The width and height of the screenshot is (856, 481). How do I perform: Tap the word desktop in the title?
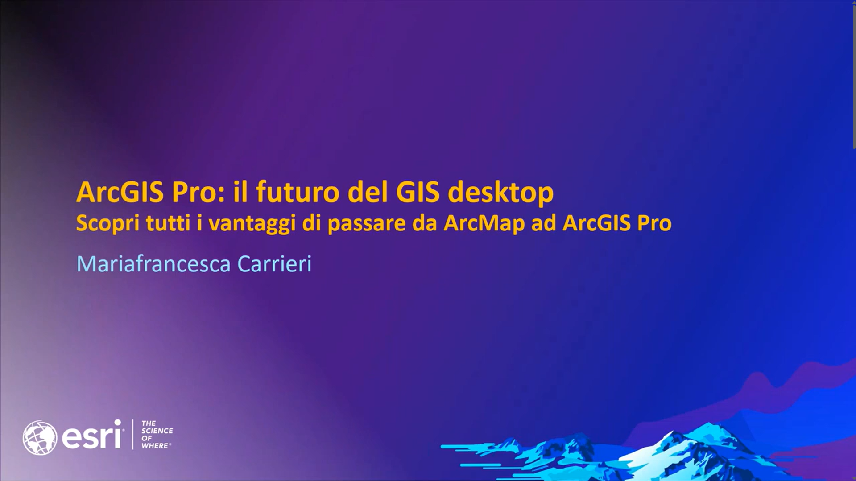[500, 193]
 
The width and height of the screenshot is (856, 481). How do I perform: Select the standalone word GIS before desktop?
[418, 192]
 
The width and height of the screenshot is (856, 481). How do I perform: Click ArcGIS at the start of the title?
[120, 192]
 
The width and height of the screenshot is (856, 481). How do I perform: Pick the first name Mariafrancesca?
[153, 264]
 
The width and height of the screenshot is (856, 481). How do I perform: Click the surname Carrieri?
[274, 264]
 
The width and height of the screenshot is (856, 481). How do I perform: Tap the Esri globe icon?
[40, 438]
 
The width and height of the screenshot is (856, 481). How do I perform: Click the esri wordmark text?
[92, 435]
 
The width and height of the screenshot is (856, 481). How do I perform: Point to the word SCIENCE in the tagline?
[157, 431]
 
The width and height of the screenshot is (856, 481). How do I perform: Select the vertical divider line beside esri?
[133, 434]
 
